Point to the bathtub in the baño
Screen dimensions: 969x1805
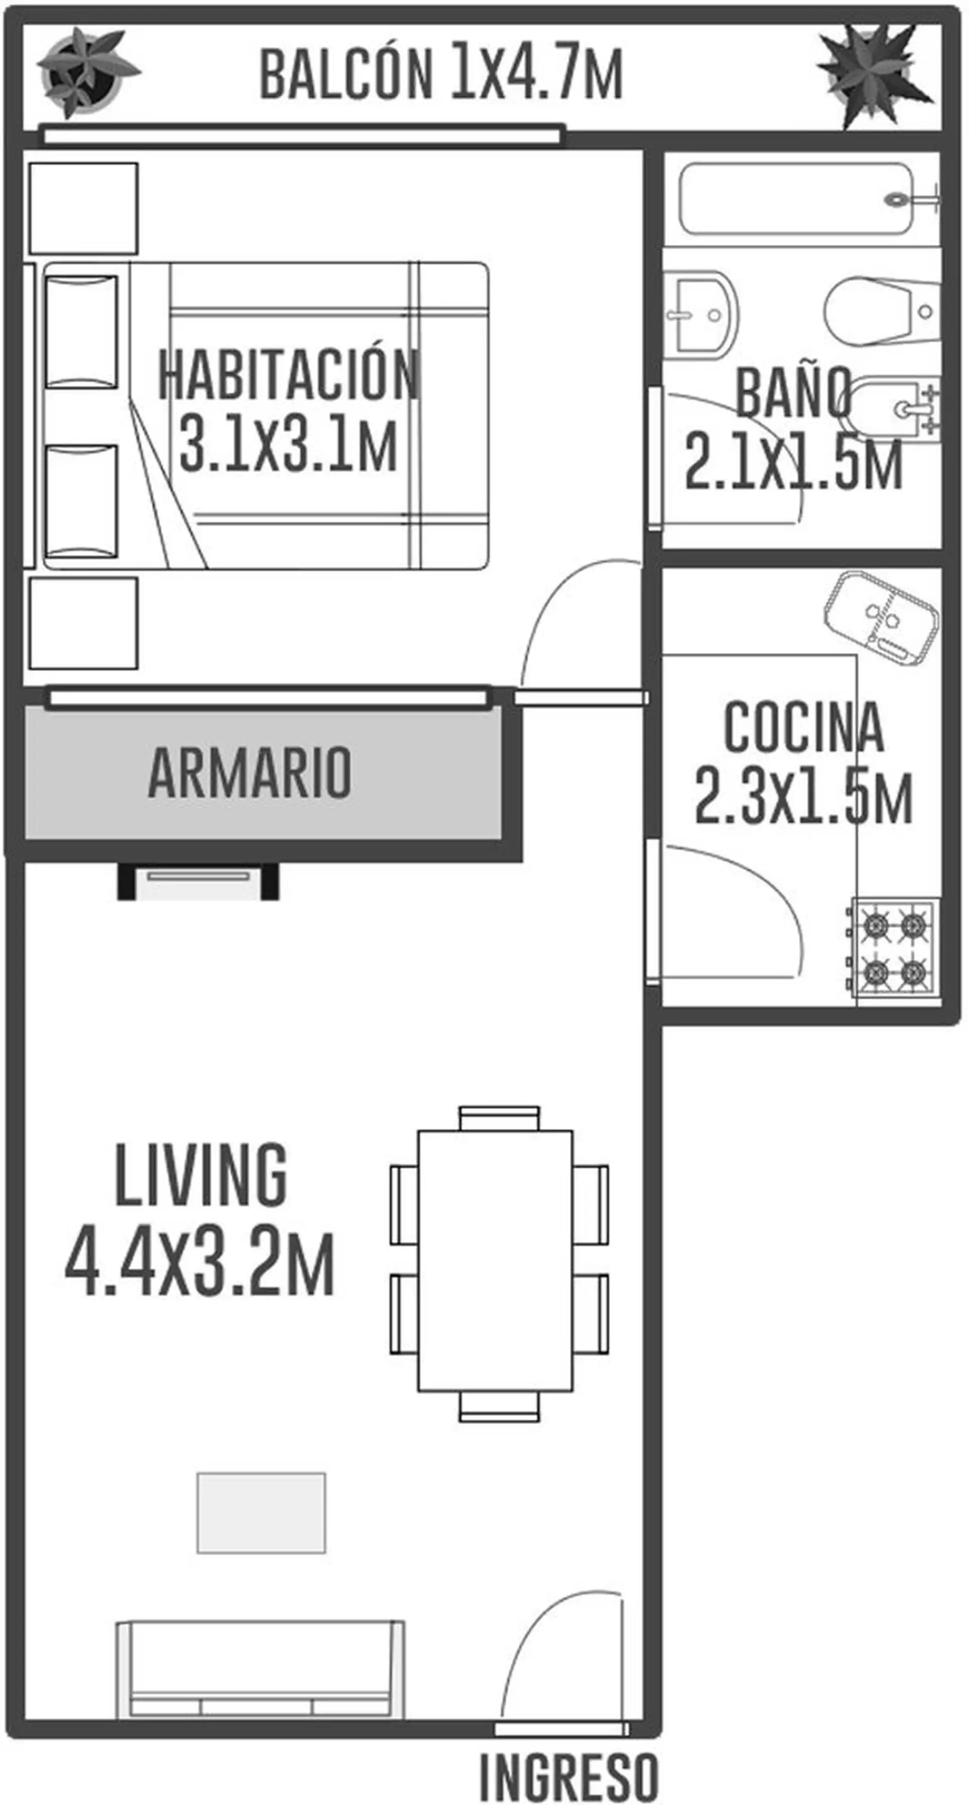point(799,199)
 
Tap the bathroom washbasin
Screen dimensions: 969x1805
point(700,315)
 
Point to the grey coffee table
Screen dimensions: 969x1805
point(261,1512)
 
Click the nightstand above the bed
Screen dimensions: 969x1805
point(83,209)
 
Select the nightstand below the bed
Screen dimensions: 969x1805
point(83,623)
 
